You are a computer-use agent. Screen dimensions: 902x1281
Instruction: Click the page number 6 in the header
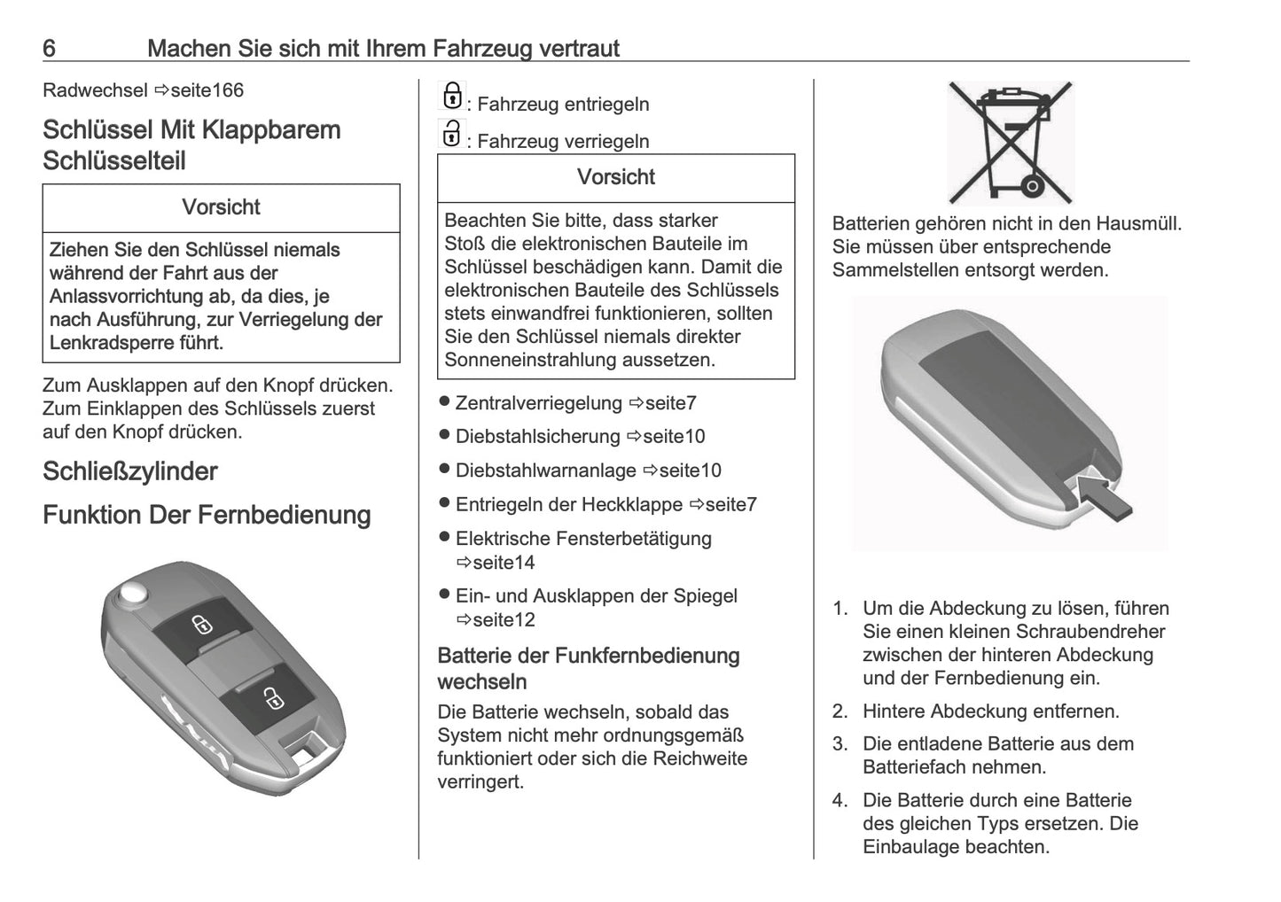[x=50, y=49]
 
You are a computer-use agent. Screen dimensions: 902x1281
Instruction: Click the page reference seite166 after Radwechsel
[x=206, y=90]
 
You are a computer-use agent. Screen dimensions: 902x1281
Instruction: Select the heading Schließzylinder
[x=130, y=471]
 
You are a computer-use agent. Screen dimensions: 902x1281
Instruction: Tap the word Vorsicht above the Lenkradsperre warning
[x=221, y=207]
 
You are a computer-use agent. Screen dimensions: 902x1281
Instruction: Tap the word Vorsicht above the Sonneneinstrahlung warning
[x=615, y=177]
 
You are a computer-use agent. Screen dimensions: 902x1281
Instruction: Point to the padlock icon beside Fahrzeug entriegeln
[x=452, y=96]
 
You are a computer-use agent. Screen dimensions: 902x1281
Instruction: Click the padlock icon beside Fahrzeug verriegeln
[x=452, y=134]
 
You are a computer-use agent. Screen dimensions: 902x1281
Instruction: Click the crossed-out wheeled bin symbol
[x=1010, y=143]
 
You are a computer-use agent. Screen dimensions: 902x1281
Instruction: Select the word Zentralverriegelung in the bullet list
[x=539, y=403]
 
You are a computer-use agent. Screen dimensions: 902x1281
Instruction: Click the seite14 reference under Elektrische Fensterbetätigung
[x=504, y=563]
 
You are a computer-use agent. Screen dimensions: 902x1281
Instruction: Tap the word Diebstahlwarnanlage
[x=545, y=470]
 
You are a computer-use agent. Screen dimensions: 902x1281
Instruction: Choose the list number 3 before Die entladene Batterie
[x=839, y=744]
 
